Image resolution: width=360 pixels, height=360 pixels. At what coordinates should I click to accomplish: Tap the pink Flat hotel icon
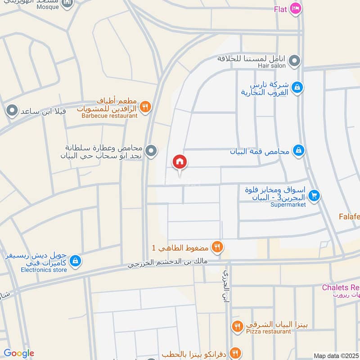(295, 9)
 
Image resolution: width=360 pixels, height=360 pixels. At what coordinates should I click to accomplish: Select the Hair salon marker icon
(294, 60)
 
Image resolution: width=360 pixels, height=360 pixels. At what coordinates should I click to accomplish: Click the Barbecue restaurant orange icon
(145, 107)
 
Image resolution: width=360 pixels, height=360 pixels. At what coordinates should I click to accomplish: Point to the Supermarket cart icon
(314, 195)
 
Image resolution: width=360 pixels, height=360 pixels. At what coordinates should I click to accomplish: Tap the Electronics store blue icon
(75, 261)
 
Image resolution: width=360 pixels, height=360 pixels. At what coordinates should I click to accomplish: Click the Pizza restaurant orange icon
(238, 325)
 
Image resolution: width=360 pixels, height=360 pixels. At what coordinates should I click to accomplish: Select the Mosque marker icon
(67, 4)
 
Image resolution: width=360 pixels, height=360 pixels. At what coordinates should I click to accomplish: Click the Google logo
(19, 353)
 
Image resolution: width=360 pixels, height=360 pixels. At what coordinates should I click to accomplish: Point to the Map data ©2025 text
(336, 356)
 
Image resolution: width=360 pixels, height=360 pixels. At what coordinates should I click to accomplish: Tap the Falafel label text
(349, 216)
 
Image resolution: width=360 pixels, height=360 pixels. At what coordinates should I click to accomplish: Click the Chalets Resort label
(341, 288)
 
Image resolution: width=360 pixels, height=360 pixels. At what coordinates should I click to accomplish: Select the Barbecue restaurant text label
(109, 116)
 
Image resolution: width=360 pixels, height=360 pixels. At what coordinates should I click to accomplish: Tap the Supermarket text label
(288, 205)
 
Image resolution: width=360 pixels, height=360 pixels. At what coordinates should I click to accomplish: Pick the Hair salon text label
(272, 66)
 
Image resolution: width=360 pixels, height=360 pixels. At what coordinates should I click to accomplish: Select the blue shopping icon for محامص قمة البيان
(298, 151)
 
